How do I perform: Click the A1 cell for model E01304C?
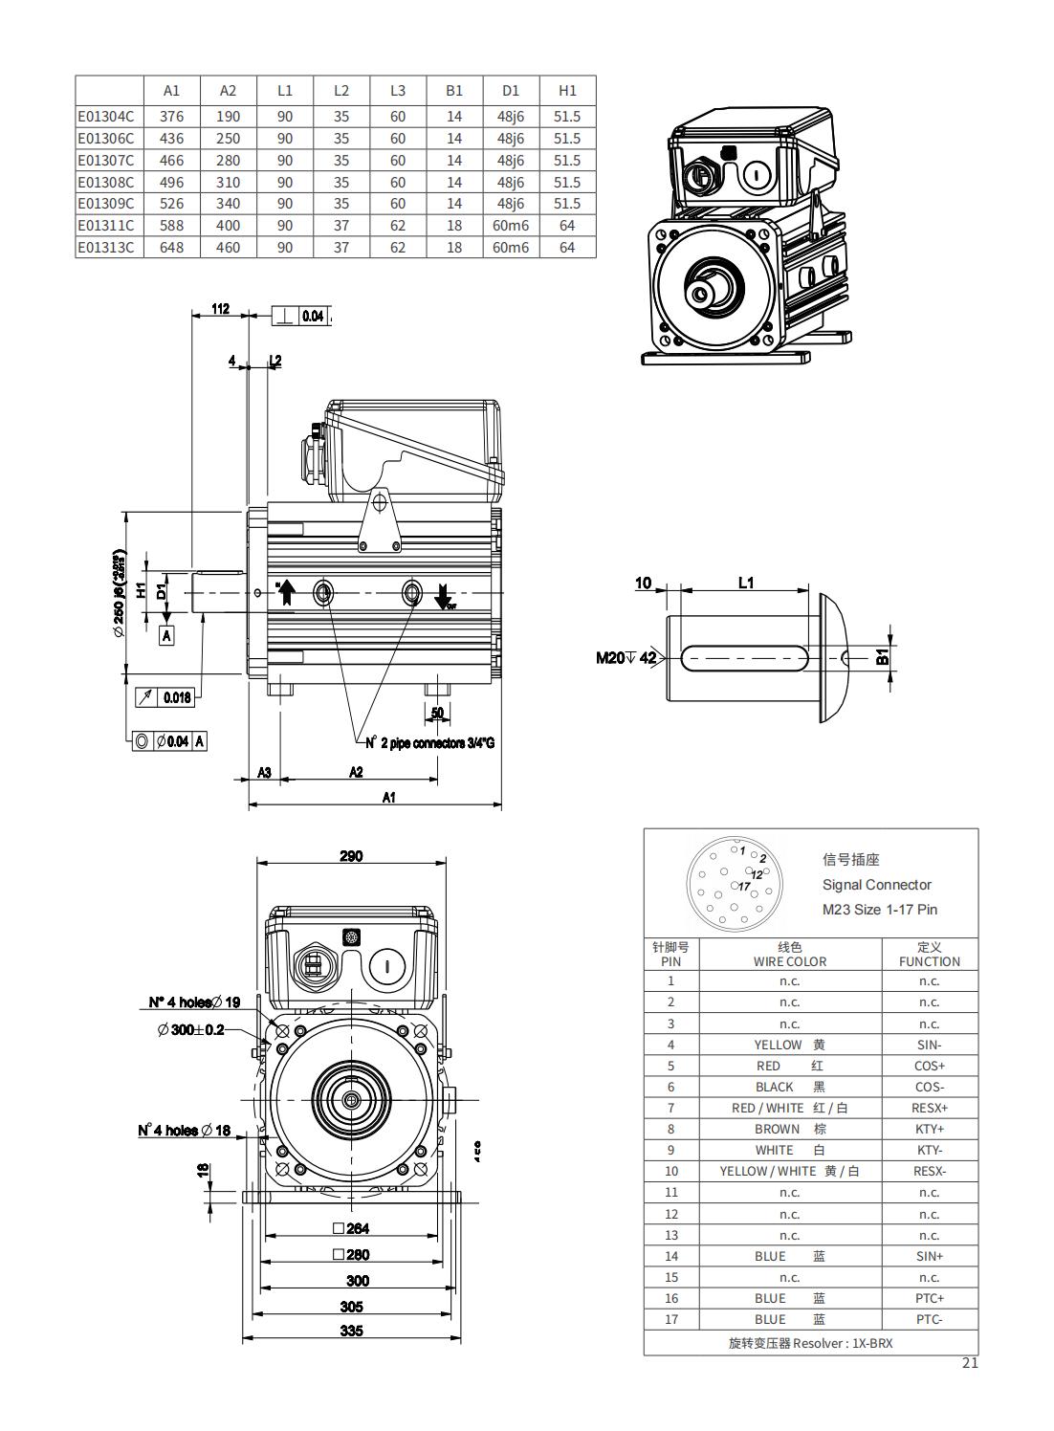pos(171,117)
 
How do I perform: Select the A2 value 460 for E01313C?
pos(228,248)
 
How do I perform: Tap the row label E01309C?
pos(106,204)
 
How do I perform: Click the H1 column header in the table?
pos(567,91)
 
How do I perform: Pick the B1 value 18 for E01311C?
pos(454,226)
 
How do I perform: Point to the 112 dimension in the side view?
pos(221,309)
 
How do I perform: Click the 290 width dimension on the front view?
pos(351,856)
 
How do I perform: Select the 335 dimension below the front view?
pos(352,1331)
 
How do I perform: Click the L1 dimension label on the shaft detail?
pos(746,582)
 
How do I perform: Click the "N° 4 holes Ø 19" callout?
pos(194,1002)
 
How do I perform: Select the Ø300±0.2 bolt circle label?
pos(190,1029)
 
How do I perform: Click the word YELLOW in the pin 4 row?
pos(778,1045)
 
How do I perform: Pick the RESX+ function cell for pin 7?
pos(929,1108)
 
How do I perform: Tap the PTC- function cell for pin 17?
pos(929,1319)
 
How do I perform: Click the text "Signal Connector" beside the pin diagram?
pos(876,885)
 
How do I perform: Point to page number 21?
pos(970,1364)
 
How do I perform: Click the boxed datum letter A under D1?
pos(166,634)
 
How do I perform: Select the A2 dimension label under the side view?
pos(356,772)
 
